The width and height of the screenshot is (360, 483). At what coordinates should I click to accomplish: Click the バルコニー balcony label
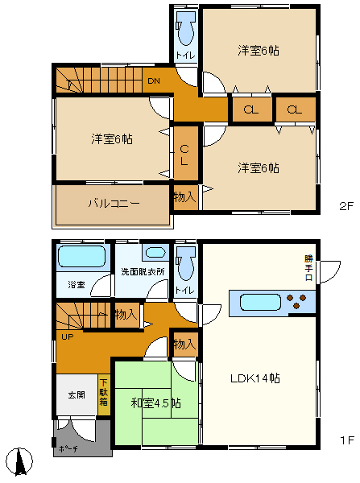(114, 204)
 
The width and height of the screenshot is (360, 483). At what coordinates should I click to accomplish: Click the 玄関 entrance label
(76, 395)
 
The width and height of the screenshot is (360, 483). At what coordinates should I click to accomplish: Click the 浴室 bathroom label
(77, 284)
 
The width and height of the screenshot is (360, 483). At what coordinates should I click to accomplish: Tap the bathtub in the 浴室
(82, 258)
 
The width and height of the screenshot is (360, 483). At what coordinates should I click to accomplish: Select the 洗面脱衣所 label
(143, 271)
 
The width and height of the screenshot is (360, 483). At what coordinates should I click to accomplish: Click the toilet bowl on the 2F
(186, 31)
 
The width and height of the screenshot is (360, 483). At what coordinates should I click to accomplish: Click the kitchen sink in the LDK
(258, 303)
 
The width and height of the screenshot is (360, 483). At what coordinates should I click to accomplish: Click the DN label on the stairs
(154, 80)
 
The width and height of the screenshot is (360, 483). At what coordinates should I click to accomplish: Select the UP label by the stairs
(67, 336)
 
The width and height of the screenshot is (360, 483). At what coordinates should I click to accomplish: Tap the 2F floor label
(346, 206)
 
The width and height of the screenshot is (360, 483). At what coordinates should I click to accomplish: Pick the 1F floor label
(346, 440)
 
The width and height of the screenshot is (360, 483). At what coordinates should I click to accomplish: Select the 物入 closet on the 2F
(184, 196)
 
